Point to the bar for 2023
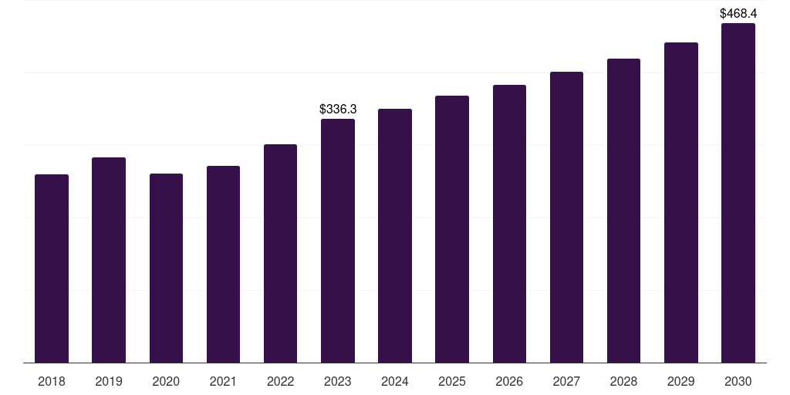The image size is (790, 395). pos(338,241)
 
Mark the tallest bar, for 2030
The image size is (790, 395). pos(738,193)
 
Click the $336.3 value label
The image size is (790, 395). pos(338,110)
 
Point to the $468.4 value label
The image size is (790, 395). pos(738,13)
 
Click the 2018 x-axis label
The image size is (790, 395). pos(52,381)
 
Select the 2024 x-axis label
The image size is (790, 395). pos(395,381)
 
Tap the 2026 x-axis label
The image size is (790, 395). pos(509,381)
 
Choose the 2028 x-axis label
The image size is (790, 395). pos(623,381)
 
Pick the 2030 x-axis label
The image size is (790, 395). pos(738,381)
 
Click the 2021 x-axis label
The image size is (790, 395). pos(223,381)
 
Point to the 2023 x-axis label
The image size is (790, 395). pos(338,381)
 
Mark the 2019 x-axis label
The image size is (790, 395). pos(109,381)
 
